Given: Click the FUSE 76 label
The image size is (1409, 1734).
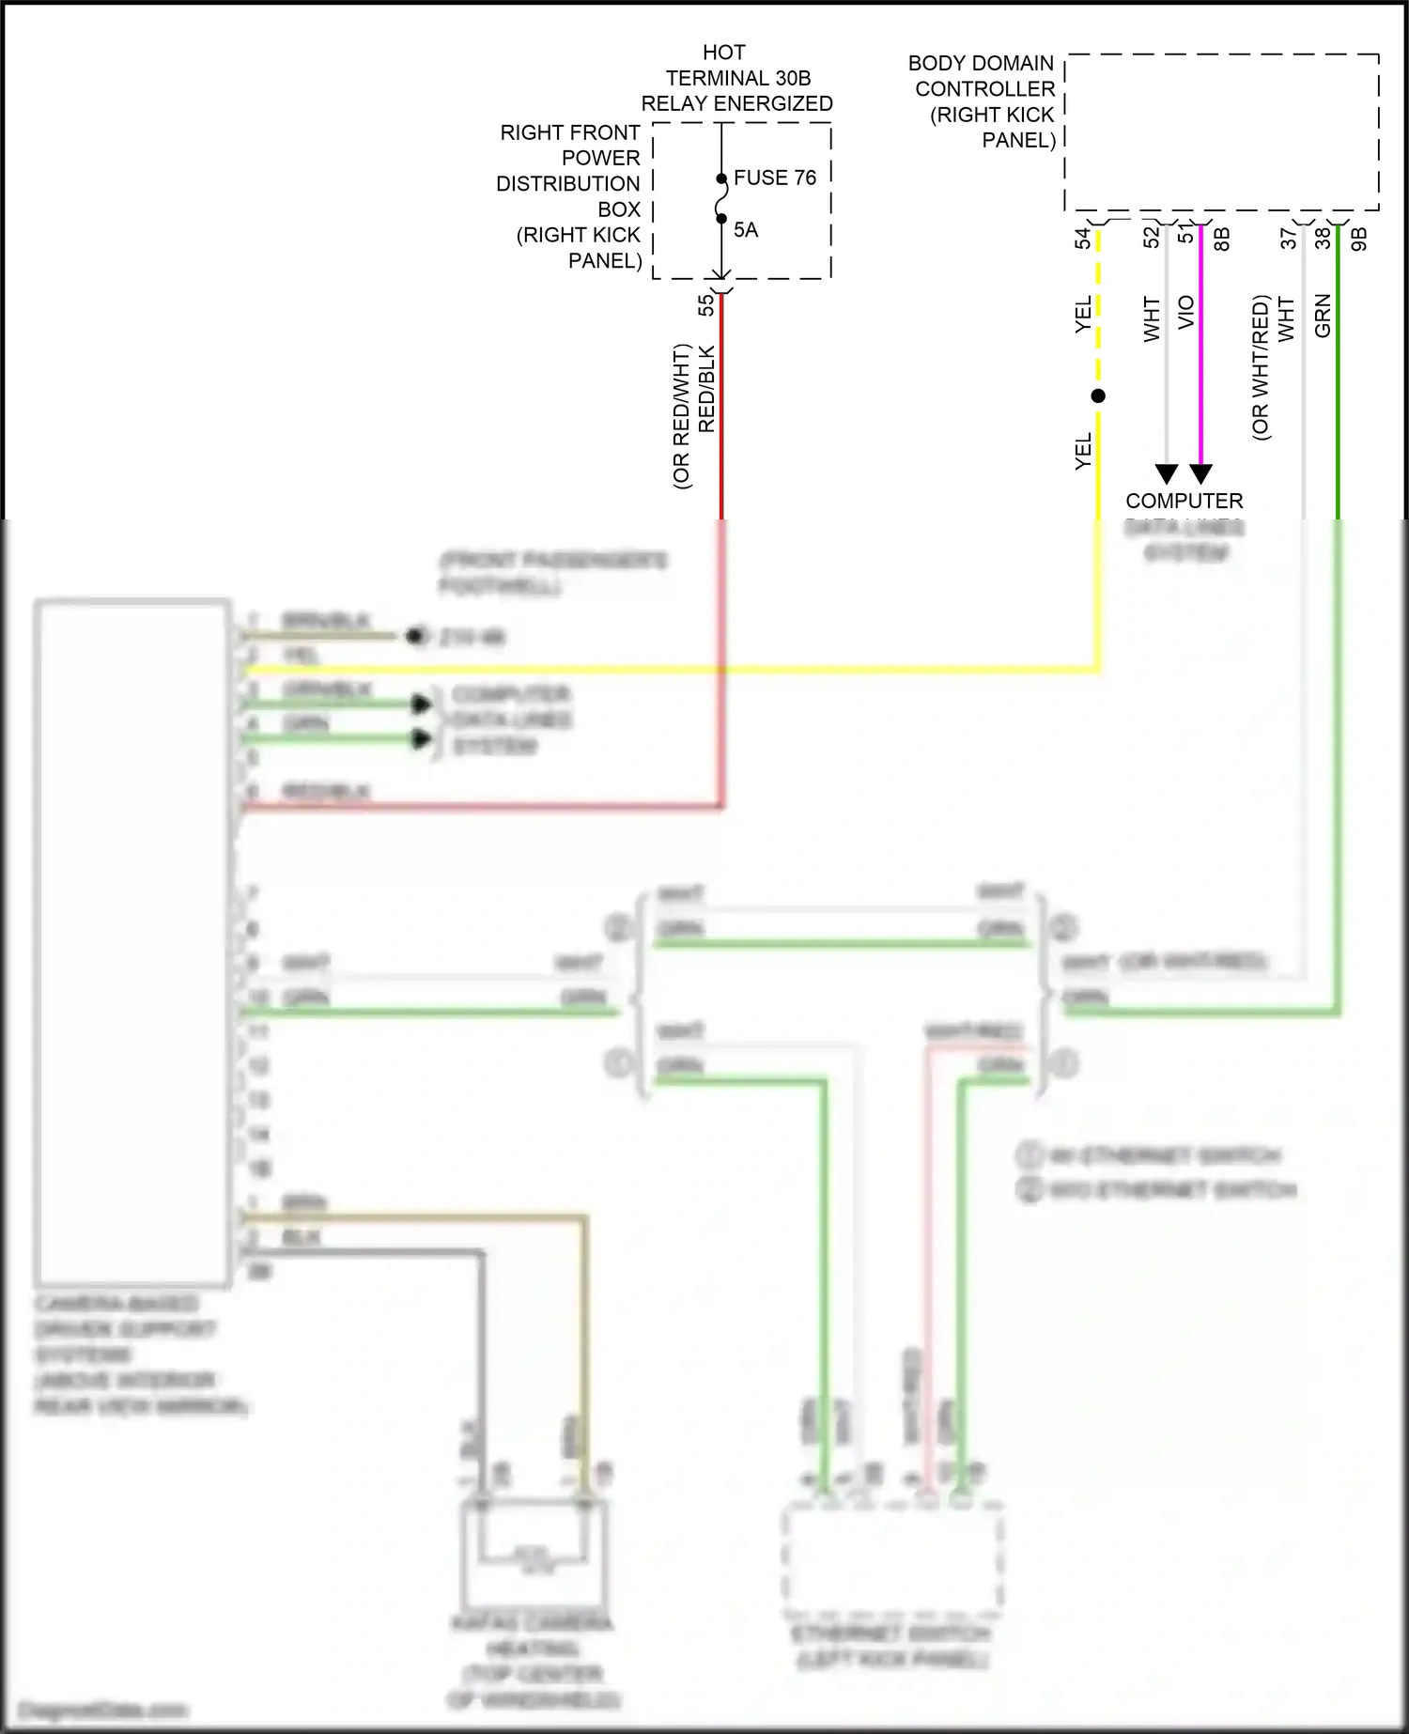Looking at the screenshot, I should (774, 178).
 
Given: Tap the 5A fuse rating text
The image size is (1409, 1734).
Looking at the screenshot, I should (745, 230).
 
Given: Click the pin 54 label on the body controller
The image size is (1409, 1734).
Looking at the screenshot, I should (1083, 239).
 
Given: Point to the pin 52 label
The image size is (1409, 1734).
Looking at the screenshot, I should (1152, 239).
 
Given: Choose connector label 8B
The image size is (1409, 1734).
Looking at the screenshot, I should (1221, 240).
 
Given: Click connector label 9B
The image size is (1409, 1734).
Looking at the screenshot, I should (1358, 240).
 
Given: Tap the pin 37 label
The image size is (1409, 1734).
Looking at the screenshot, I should (1289, 239).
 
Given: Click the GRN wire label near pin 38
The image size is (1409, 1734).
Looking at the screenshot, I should (1323, 317).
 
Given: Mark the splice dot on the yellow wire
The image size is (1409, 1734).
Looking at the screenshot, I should (1098, 396).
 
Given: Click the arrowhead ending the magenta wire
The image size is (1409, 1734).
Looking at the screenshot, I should (1200, 473).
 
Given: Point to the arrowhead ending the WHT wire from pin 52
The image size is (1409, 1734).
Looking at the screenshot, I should (1167, 473).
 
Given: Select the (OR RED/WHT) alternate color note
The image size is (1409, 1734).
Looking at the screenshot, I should (682, 416).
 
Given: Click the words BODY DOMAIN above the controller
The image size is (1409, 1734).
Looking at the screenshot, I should (981, 64).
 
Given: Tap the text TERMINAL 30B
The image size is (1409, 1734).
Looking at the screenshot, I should (737, 78).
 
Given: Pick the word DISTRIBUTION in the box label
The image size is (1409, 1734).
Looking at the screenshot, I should (568, 184).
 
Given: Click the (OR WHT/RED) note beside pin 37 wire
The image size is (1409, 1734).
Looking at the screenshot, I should (1261, 368).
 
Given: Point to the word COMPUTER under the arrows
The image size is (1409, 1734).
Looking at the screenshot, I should (1184, 501).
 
